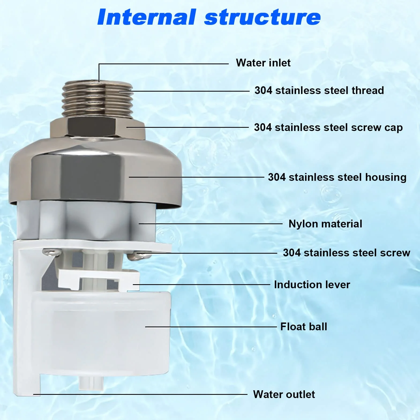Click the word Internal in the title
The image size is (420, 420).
pos(147,17)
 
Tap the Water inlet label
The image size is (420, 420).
pos(263,63)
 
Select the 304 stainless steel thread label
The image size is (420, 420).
pos(319,91)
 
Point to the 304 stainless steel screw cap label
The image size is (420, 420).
pos(328,127)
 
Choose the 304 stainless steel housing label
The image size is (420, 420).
pos(337,177)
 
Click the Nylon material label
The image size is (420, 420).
pos(325,224)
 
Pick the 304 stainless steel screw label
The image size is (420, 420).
pos(347,253)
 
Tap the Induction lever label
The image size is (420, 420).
pos(312,285)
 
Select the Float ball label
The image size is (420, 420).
pos(304,327)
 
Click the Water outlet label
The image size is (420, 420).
pos(284,395)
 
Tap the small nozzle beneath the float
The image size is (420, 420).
pos(91,383)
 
